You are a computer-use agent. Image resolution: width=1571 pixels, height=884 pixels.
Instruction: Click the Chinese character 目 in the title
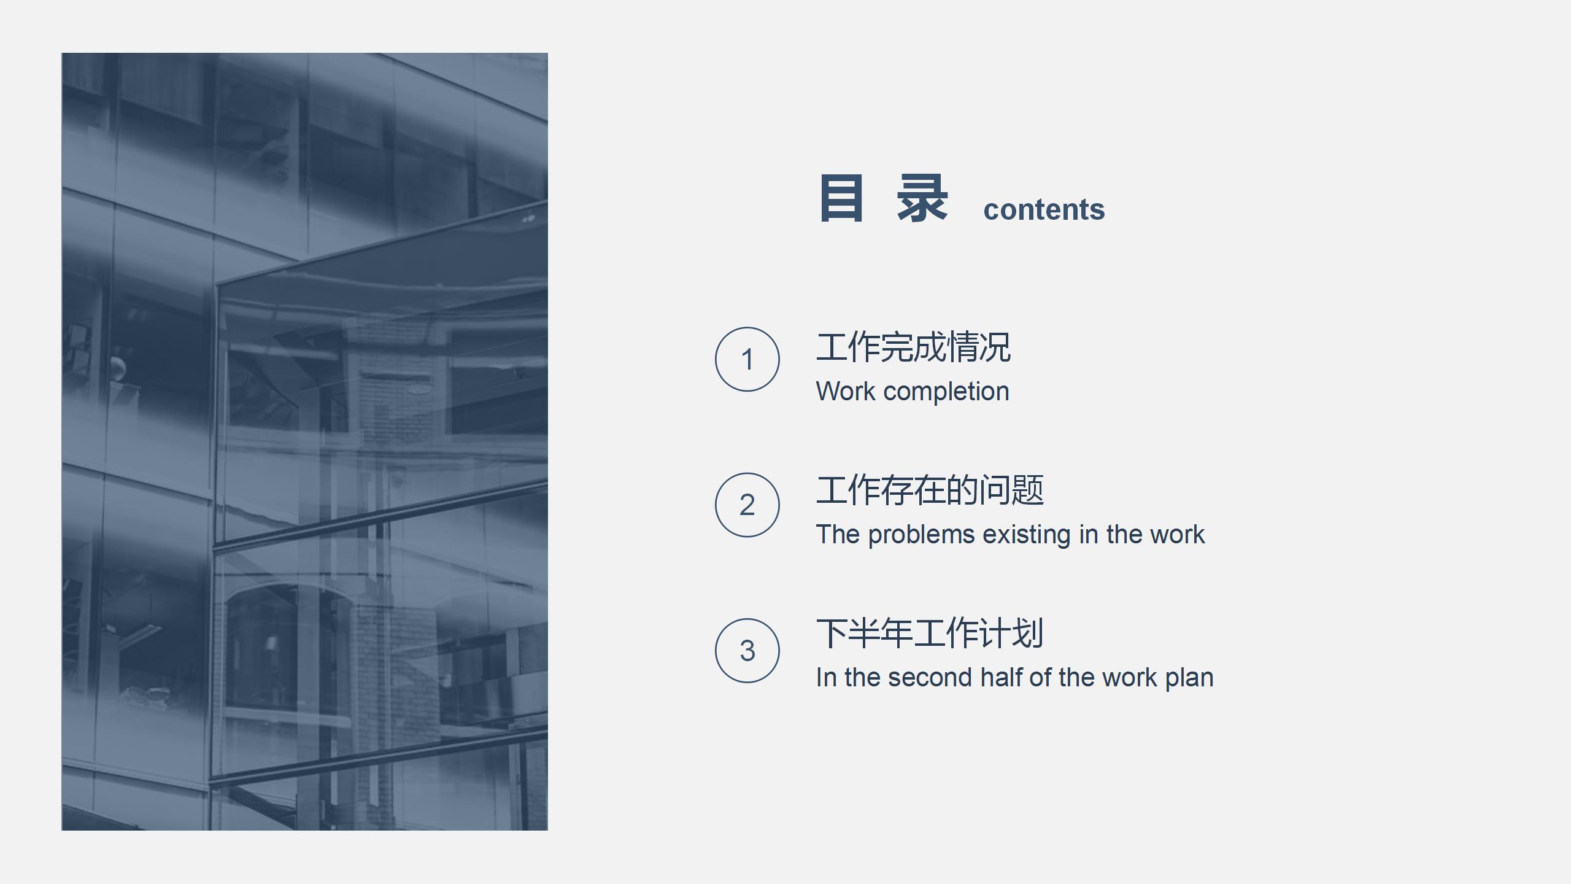click(x=841, y=198)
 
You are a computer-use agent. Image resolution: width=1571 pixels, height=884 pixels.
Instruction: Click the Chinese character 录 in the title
click(x=922, y=198)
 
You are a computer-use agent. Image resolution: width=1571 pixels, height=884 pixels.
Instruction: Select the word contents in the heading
click(x=1044, y=210)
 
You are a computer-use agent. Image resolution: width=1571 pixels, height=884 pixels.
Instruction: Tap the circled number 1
click(x=747, y=359)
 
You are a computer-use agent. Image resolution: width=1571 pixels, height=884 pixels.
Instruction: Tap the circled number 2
click(x=747, y=505)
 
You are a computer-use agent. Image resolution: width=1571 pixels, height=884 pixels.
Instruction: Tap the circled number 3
click(x=747, y=650)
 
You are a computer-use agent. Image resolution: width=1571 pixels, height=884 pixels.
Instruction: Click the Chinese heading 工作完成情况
click(x=913, y=347)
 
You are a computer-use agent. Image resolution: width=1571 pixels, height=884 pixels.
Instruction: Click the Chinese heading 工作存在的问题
click(x=929, y=490)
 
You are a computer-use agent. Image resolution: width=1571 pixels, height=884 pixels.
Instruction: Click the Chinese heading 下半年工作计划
click(x=929, y=634)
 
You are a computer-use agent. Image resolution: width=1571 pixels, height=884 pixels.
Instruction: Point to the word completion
click(x=946, y=392)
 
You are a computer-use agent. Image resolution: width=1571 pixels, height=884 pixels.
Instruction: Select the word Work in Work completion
click(x=845, y=392)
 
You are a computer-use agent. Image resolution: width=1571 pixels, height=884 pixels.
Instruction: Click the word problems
click(x=921, y=535)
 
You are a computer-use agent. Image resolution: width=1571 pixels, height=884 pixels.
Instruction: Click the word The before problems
click(x=837, y=535)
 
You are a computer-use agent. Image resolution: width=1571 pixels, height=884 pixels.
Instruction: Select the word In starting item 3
click(x=825, y=678)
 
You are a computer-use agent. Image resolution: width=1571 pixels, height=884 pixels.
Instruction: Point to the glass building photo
click(x=304, y=441)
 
